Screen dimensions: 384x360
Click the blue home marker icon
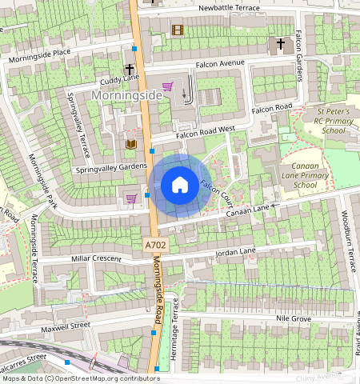pos(180,186)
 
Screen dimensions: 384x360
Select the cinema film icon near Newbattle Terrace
pos(177,30)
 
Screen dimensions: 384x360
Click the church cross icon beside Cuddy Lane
pos(130,70)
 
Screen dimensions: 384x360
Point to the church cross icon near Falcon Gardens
pos(281,43)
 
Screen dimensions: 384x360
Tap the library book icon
pos(131,144)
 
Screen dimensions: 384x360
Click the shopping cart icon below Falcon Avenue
pos(168,86)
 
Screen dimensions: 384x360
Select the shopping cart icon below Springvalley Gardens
pos(131,198)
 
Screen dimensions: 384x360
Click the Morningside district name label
pos(126,95)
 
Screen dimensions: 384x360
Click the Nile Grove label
pos(293,318)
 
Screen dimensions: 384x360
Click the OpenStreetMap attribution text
pos(80,378)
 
